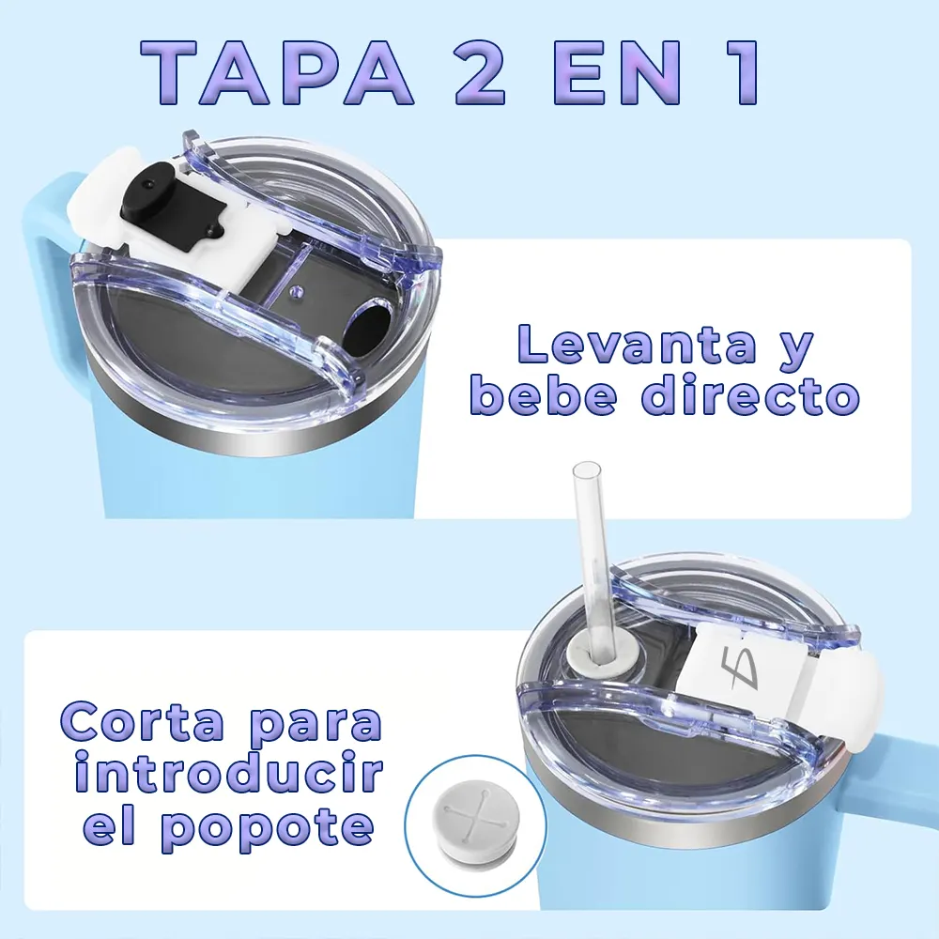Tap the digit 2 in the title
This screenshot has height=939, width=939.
(480, 73)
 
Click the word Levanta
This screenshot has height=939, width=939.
(637, 344)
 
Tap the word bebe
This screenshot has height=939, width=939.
(543, 394)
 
